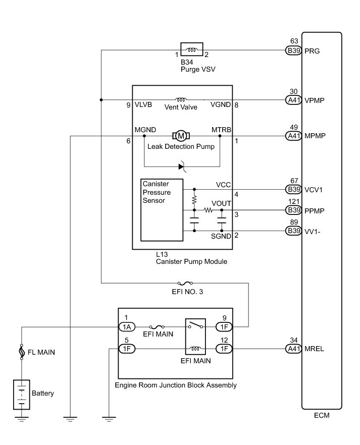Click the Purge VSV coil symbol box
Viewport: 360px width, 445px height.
click(192, 50)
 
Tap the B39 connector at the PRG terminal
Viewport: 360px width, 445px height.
click(293, 50)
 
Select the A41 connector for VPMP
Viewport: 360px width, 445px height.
click(293, 100)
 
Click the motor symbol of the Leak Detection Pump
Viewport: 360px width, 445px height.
click(180, 135)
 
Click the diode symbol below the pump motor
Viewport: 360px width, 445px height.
click(182, 166)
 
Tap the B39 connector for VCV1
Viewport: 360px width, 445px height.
click(293, 190)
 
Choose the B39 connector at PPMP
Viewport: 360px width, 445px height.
click(293, 209)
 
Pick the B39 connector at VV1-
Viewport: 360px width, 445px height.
click(293, 231)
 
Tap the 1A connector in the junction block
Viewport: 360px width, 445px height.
click(126, 327)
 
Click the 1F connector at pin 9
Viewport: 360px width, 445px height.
click(224, 327)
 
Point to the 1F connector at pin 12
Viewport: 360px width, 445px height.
click(224, 348)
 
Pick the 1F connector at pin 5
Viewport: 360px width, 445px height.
click(126, 348)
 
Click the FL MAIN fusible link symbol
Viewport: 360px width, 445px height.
click(22, 352)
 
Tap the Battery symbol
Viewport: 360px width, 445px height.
click(22, 394)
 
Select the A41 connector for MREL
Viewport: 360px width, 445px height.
click(293, 348)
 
